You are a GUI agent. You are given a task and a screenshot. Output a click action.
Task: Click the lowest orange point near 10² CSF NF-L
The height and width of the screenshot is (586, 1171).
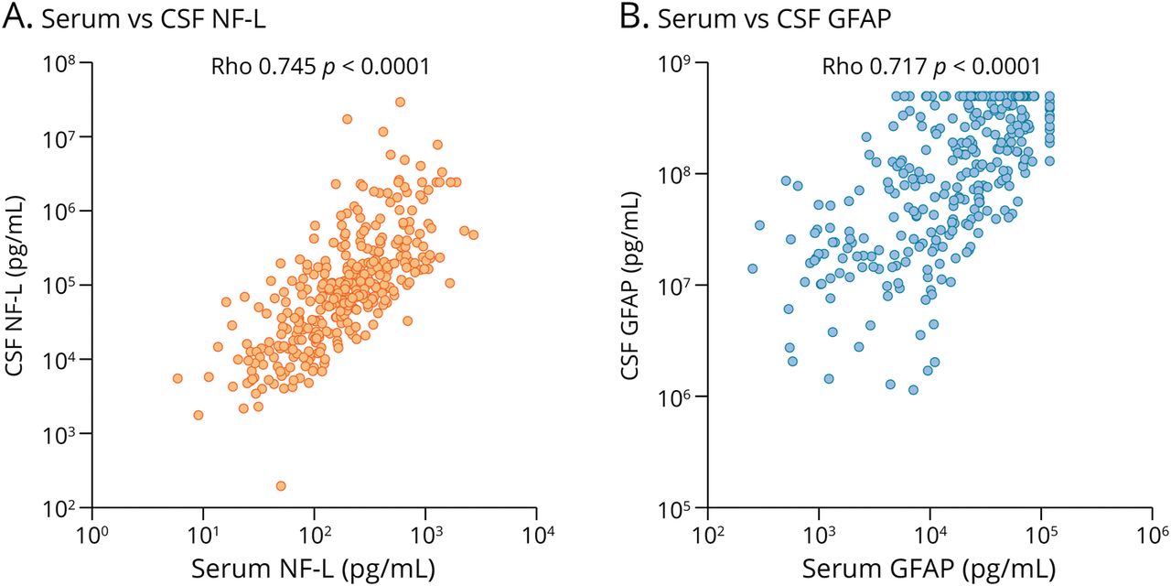tap(281, 485)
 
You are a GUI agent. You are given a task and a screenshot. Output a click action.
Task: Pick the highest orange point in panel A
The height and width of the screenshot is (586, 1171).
tap(400, 102)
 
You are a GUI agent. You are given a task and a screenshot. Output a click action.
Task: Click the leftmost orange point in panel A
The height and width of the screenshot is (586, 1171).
tap(177, 378)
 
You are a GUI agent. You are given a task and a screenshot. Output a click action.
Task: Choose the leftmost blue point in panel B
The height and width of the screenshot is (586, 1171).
tap(752, 268)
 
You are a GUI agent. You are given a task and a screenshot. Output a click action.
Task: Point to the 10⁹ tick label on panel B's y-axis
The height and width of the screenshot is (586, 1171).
tap(678, 63)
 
